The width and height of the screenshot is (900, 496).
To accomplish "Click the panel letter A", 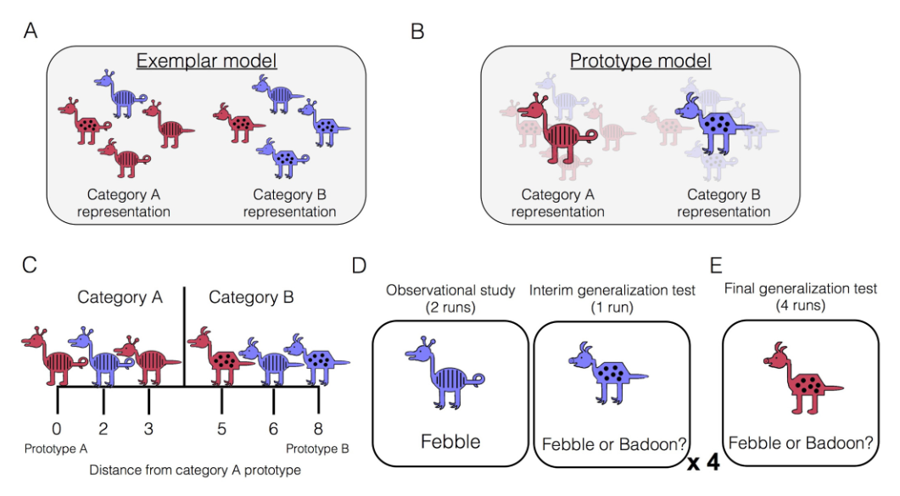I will [x=31, y=31].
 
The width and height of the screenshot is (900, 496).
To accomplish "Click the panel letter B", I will [x=416, y=31].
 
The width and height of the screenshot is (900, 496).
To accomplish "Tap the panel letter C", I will [x=31, y=264].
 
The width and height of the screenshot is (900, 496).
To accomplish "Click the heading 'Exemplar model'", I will [x=207, y=61].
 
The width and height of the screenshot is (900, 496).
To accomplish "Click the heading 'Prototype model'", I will [x=640, y=61].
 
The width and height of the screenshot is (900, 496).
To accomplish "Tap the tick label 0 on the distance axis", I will [x=57, y=428].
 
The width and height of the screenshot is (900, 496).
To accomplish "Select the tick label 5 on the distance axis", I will [x=221, y=428].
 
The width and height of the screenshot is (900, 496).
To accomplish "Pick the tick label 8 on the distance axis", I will [x=319, y=428].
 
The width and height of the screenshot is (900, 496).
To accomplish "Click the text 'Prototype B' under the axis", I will [x=317, y=448].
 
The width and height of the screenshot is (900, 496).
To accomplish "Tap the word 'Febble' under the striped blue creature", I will [x=450, y=441].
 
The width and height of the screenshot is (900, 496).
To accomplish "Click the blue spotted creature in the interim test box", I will [x=607, y=370].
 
